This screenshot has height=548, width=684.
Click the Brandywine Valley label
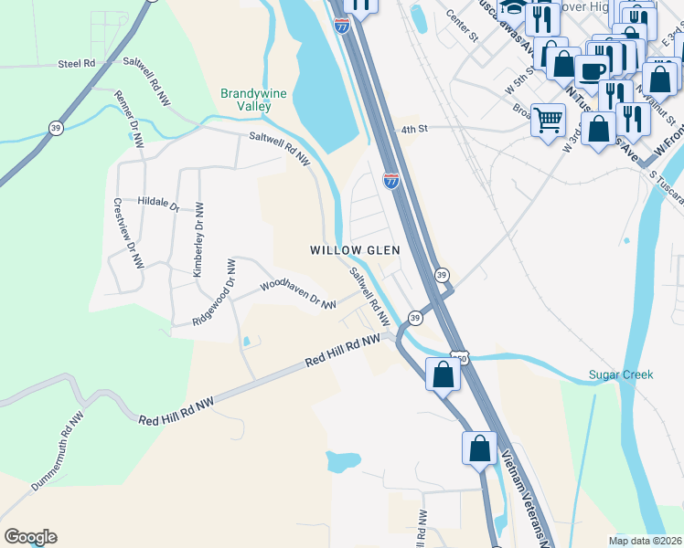[x=247, y=100]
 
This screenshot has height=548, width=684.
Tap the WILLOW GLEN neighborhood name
[x=355, y=249]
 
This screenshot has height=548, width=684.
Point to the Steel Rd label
[x=77, y=64]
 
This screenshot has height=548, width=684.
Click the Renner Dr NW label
[x=129, y=120]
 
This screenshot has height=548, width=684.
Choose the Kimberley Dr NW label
[x=198, y=240]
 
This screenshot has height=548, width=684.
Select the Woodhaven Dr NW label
[x=298, y=294]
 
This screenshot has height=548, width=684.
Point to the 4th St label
[x=414, y=130]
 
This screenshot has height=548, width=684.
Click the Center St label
[x=463, y=26]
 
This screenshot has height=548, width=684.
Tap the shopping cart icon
[x=547, y=119]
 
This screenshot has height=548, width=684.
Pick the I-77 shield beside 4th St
[x=390, y=179]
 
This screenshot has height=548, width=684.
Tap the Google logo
[x=30, y=537]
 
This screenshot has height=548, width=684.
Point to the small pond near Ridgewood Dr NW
[x=248, y=342]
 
